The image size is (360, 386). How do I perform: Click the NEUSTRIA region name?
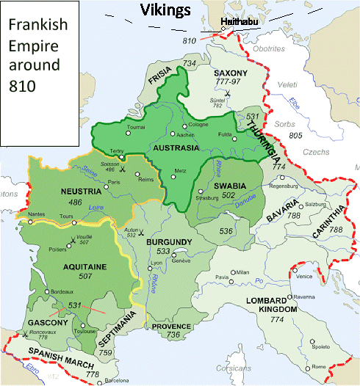[x=76, y=192]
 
